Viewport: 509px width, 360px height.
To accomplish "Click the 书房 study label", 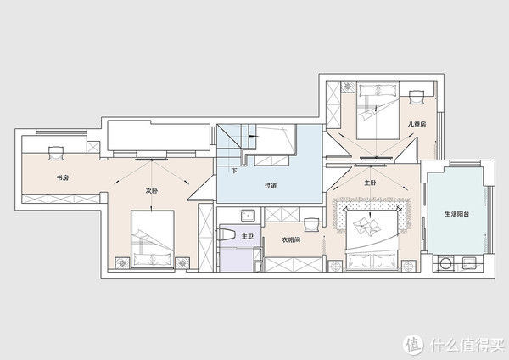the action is pos(63,178).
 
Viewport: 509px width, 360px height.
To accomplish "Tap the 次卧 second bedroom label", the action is pos(152,191).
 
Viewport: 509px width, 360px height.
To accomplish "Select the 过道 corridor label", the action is pos(270,186).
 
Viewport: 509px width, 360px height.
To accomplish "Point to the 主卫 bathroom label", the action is pos(248,237).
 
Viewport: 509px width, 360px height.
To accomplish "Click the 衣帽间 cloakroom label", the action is pos(291,240).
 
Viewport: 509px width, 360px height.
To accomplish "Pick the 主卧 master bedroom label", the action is pos(370,183).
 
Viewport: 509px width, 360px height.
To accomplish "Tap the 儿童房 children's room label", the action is pos(417,124).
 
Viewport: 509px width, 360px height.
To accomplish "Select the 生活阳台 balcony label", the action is pos(456,214).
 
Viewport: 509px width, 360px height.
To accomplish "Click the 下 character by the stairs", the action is pos(234,171).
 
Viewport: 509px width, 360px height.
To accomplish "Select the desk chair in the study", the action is pos(55,153).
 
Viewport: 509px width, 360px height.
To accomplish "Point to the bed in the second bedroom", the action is pos(153,239).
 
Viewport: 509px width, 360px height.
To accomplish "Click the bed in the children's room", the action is pos(378,110).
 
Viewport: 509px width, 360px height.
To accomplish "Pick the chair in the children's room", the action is pos(417,97).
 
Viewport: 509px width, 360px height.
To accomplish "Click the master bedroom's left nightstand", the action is pos(335,266).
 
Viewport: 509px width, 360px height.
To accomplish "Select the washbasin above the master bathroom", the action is pos(248,215).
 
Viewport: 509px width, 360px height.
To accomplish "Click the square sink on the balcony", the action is pos(469,262).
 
